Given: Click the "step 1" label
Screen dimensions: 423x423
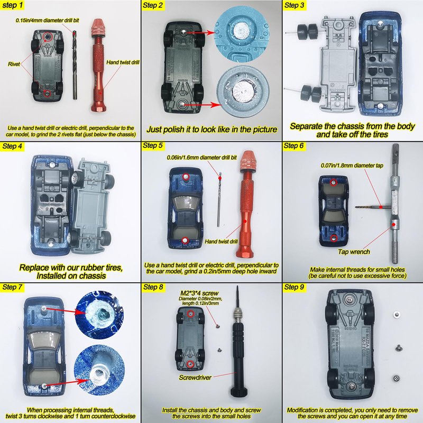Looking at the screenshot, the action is [x=12, y=5].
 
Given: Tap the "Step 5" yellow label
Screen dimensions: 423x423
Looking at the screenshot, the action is [x=153, y=146].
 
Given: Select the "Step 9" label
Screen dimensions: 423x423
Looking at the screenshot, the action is [x=294, y=287].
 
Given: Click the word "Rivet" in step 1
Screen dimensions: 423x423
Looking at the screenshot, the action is [x=14, y=64].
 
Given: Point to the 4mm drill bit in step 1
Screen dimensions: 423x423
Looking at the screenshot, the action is [x=75, y=65].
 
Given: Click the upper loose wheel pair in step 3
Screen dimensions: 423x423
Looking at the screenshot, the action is [x=308, y=32].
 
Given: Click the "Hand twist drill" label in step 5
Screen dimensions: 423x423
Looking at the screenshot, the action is [x=221, y=242].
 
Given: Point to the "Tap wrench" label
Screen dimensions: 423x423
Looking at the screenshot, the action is [x=354, y=252].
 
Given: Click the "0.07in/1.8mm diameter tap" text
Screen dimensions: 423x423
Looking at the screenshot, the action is [x=352, y=165].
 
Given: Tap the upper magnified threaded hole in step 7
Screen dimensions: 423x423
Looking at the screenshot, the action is [x=100, y=314].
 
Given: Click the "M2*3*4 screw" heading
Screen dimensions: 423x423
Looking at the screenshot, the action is [x=199, y=293].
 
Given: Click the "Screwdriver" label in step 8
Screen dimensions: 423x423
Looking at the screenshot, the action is [x=195, y=378].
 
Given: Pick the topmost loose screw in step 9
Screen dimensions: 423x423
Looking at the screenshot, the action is [x=396, y=314].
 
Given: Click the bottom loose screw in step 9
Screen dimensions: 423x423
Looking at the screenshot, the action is [x=396, y=378].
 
